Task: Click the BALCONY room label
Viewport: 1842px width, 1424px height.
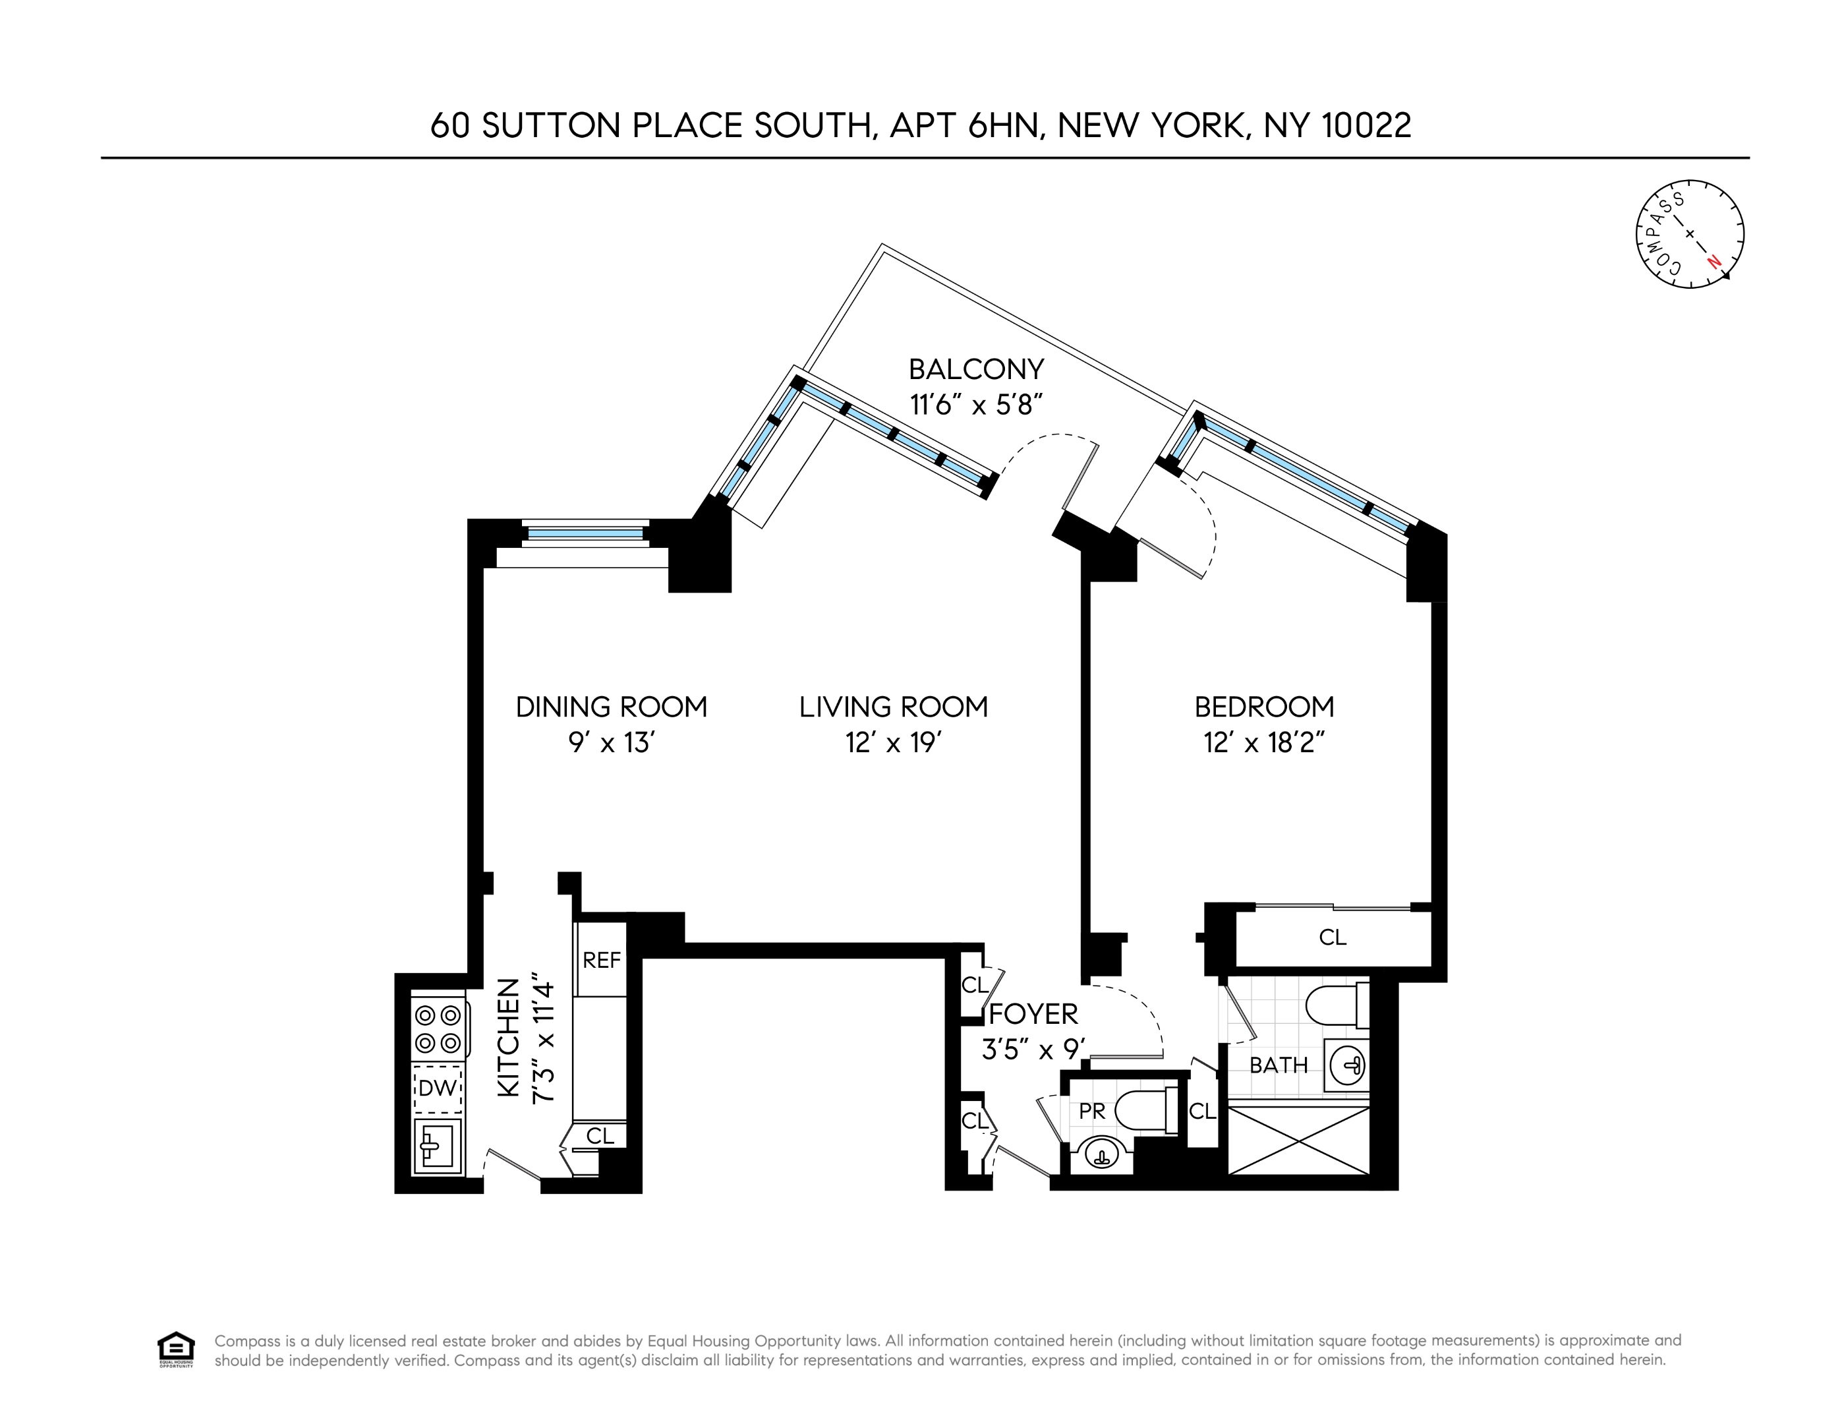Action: point(976,369)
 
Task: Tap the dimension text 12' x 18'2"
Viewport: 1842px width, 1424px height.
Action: point(1264,743)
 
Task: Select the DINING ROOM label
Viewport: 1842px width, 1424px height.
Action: point(612,707)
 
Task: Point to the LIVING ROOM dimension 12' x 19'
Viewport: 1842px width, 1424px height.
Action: point(893,743)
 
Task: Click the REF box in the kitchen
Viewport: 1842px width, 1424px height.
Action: point(601,960)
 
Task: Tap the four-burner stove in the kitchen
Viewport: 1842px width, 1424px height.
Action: point(438,1029)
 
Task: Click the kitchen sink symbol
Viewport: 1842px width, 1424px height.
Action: point(437,1146)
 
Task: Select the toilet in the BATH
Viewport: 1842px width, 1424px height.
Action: point(1337,1005)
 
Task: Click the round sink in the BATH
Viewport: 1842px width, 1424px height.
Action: point(1346,1065)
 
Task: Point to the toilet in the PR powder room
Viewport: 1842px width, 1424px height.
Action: point(1143,1111)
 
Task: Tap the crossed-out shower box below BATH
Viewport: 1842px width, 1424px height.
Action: point(1299,1141)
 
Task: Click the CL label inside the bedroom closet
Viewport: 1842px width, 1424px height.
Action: point(1333,937)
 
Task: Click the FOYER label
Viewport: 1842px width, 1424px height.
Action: point(1033,1014)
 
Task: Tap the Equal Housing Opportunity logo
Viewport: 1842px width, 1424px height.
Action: point(175,1349)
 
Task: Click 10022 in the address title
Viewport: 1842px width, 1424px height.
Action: point(1366,126)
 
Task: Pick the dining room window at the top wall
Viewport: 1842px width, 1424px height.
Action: point(585,533)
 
